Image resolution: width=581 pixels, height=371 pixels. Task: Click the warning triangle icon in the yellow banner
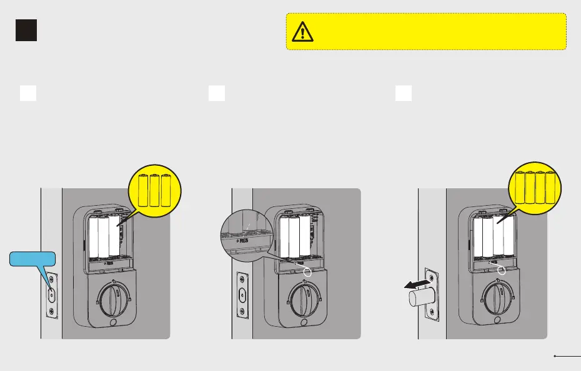click(302, 31)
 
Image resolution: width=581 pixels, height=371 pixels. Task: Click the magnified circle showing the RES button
click(244, 236)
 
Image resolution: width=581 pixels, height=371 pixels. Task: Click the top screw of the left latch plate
click(51, 277)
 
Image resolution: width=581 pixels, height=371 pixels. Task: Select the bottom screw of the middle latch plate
click(242, 311)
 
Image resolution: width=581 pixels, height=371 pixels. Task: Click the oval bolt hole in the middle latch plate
click(242, 294)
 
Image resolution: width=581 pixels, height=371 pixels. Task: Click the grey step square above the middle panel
click(217, 93)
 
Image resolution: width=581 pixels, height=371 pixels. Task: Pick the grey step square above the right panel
click(404, 93)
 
